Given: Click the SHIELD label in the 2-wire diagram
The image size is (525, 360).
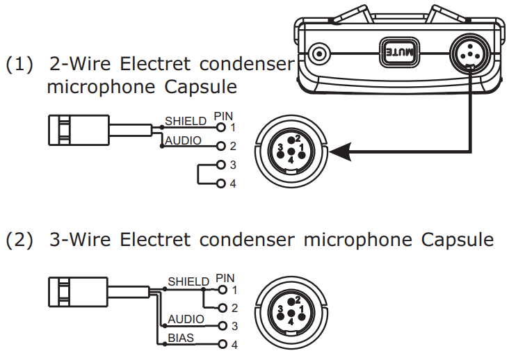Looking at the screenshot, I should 186,121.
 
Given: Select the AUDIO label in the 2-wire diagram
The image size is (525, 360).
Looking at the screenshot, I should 183,140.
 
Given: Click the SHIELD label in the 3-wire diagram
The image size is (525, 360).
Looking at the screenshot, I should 188,281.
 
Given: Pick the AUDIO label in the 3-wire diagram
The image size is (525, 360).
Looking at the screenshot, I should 186,319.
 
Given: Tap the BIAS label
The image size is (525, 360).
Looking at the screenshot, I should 181,338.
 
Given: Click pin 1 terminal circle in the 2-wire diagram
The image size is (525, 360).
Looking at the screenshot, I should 221,128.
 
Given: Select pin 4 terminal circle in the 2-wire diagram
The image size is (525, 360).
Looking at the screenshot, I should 221,184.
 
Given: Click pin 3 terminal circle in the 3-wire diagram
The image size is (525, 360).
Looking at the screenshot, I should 223,325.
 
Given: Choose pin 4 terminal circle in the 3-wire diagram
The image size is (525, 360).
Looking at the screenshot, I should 223,344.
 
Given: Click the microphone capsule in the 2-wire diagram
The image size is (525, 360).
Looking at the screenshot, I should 77,129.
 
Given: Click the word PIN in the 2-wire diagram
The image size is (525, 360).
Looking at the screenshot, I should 224,117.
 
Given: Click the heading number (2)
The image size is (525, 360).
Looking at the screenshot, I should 20,240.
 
